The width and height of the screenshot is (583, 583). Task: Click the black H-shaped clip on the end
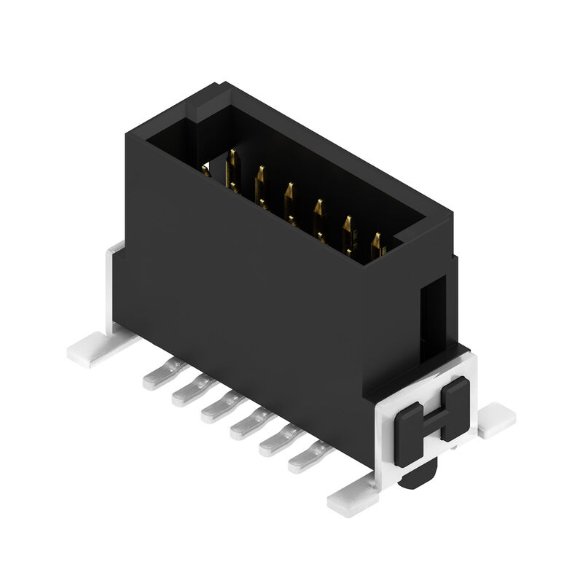433,415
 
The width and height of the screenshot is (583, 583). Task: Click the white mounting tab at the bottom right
353,501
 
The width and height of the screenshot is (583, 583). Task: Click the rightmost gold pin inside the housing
377,245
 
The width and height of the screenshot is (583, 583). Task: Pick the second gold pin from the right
348,228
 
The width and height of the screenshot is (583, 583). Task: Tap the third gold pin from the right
318,212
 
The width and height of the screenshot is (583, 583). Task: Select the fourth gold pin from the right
289,195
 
